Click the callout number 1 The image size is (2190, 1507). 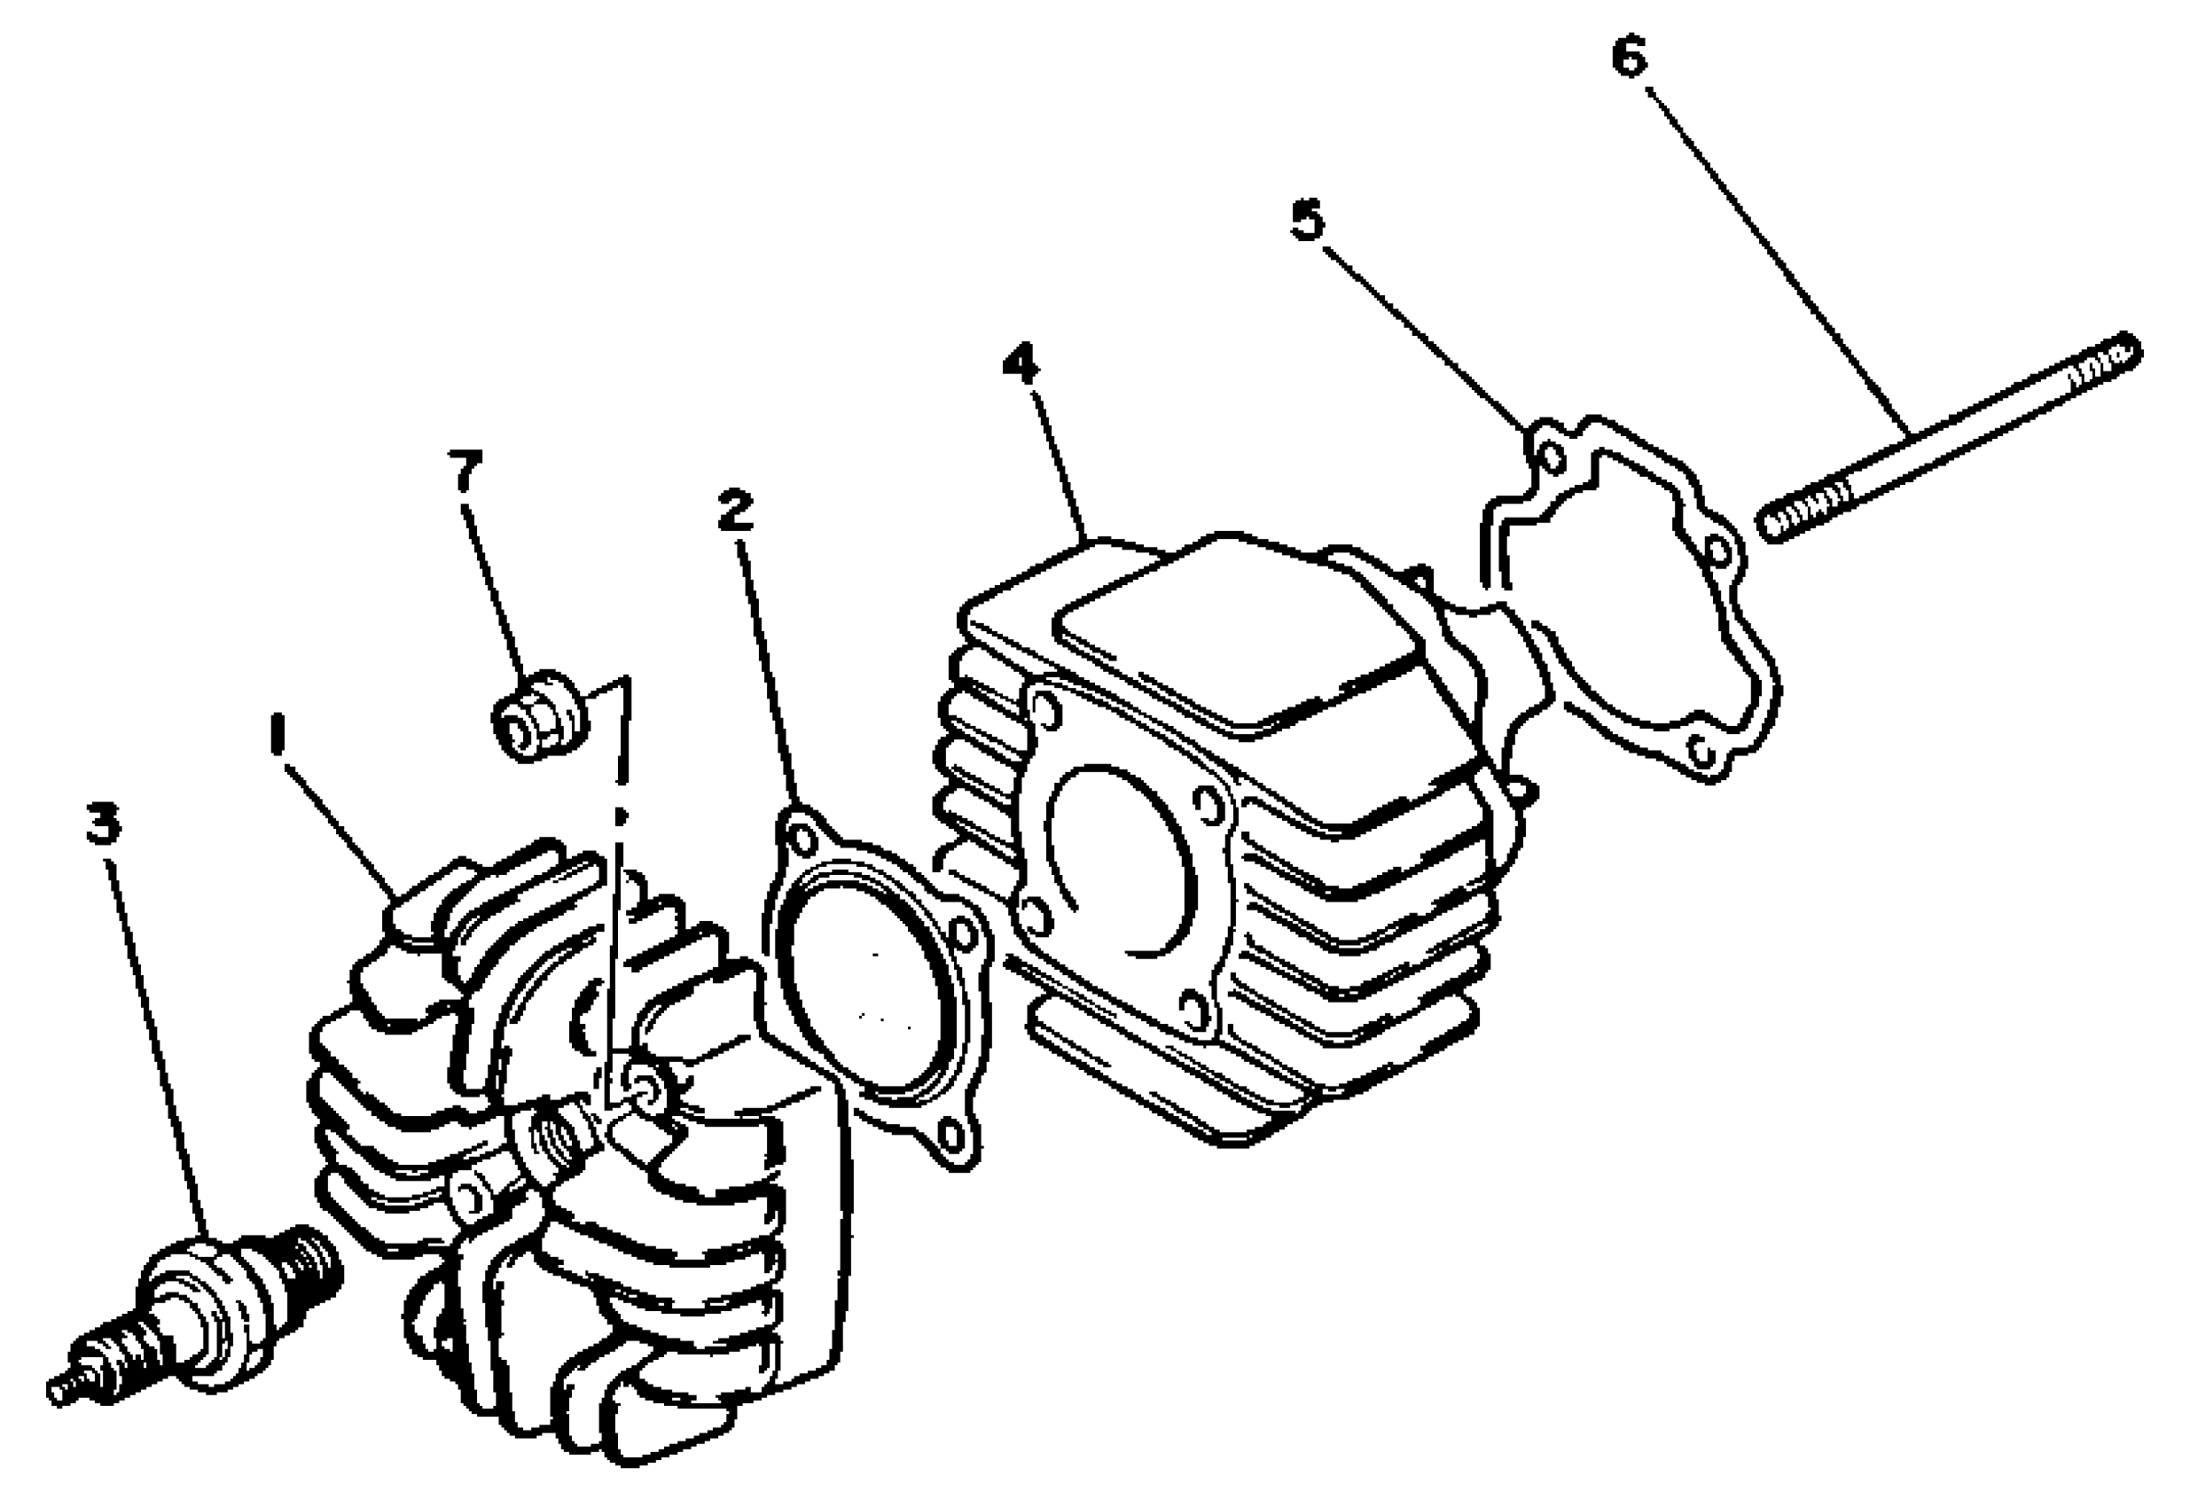click(x=276, y=736)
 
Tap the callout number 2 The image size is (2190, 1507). click(x=735, y=510)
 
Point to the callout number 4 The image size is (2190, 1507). click(x=1021, y=363)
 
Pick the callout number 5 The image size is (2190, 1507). click(x=1308, y=221)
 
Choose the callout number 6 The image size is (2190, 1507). click(x=1629, y=58)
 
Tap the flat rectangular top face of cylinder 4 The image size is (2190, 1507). click(x=1237, y=633)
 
